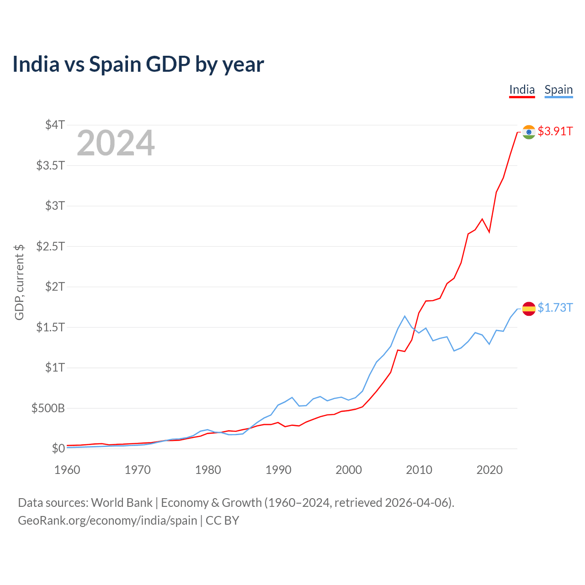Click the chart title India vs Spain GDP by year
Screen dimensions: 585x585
click(x=138, y=64)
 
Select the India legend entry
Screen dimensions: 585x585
click(x=522, y=90)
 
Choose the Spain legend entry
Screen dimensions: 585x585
click(x=558, y=90)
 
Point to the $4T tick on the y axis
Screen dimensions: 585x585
click(x=55, y=125)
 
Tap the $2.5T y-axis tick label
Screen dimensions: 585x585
click(x=50, y=246)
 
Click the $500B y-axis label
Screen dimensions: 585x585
click(x=48, y=408)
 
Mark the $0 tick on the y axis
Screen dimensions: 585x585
click(x=58, y=448)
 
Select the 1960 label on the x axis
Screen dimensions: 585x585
click(x=67, y=470)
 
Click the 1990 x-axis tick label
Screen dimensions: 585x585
click(x=278, y=470)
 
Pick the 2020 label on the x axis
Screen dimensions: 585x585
click(x=489, y=470)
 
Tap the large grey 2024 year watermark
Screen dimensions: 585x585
click(x=116, y=144)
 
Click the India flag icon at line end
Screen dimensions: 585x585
click(x=529, y=132)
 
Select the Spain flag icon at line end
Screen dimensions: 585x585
click(x=529, y=309)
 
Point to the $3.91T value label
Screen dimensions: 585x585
click(x=555, y=132)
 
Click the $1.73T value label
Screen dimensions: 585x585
click(x=555, y=308)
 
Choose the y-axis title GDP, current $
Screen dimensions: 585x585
click(x=19, y=282)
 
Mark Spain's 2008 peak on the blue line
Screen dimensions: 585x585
click(x=405, y=316)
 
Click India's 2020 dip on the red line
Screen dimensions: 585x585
click(x=489, y=232)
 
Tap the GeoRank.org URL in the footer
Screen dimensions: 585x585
click(x=107, y=521)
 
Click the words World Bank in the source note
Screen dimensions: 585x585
click(x=122, y=503)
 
